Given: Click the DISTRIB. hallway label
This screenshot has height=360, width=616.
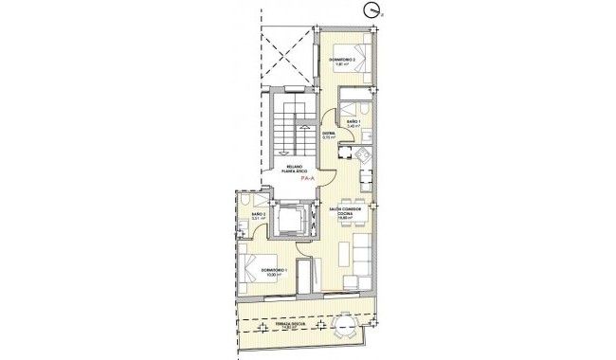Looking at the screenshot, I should coord(329,134).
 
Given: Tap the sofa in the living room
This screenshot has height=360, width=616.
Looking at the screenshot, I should coord(361,256).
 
